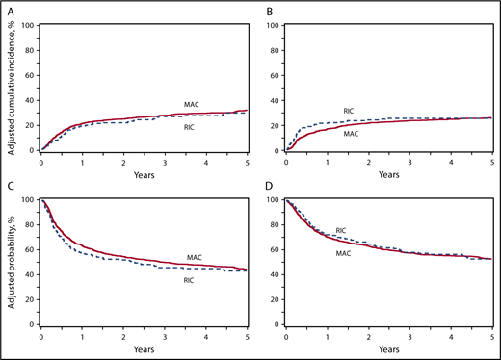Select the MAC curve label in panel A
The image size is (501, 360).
click(192, 103)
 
